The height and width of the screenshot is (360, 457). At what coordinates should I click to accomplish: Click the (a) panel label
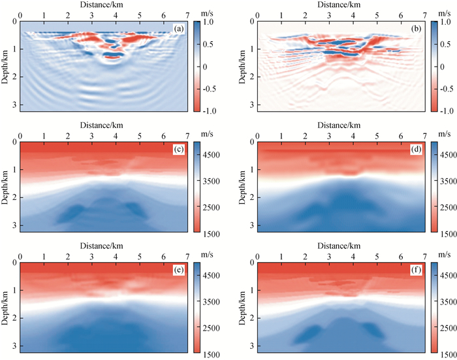tap(178, 28)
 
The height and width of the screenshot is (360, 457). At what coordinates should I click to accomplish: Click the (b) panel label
tap(415, 28)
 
